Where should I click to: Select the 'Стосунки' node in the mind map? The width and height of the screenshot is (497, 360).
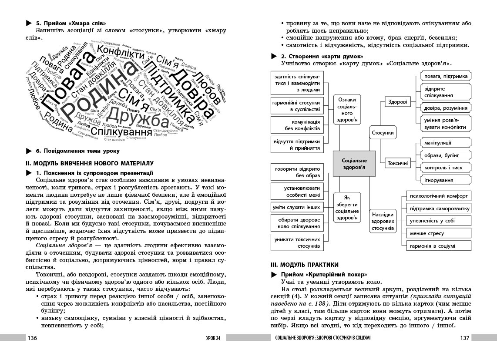[383, 133]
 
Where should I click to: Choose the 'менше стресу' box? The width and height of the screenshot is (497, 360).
[438, 233]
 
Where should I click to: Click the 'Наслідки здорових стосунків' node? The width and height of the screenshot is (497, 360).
[383, 221]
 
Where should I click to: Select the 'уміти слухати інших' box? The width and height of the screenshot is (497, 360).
[296, 208]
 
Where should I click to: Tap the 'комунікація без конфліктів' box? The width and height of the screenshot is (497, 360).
[296, 125]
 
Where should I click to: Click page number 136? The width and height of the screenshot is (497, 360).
[33, 338]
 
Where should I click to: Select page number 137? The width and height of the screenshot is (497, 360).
[464, 338]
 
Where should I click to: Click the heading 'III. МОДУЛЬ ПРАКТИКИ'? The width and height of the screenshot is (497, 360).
[304, 265]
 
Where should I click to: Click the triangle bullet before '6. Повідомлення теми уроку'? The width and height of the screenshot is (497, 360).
[29, 151]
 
